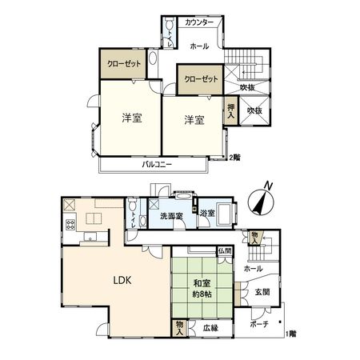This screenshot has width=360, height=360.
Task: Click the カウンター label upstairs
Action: click(199, 23)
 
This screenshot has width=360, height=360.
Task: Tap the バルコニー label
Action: click(158, 164)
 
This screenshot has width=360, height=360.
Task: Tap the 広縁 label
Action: click(210, 327)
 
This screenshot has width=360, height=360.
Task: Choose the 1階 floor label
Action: click(293, 333)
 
